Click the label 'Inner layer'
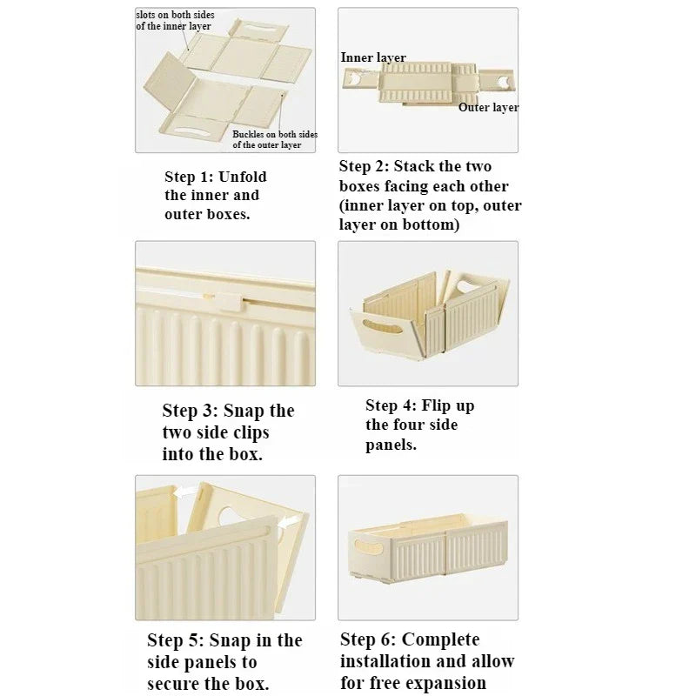[x=373, y=57]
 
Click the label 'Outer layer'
[x=488, y=107]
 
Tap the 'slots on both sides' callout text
[x=175, y=15]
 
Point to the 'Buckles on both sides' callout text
[x=275, y=134]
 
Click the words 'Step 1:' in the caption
[x=189, y=177]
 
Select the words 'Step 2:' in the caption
[x=364, y=166]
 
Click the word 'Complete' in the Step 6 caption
[x=440, y=640]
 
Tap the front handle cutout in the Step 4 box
[x=382, y=327]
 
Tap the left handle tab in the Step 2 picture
[x=359, y=80]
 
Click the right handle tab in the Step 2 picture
[x=498, y=81]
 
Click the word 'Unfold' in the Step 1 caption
[x=243, y=177]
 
